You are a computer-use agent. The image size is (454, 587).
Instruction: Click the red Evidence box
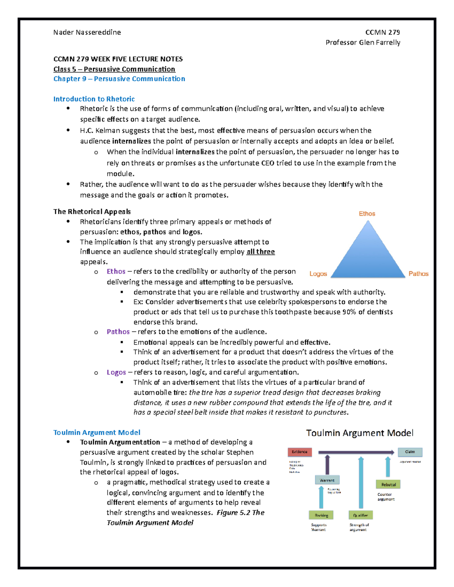pos(300,452)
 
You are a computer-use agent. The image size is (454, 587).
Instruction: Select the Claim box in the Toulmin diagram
pos(410,452)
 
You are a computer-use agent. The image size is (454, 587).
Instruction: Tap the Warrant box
pos(327,480)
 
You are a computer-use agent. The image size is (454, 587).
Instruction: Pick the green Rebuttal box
pos(388,484)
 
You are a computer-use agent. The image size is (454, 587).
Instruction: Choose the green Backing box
pos(321,515)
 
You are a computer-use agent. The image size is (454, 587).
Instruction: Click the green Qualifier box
pos(361,515)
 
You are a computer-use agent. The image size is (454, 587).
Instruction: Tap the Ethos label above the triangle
pos(367,214)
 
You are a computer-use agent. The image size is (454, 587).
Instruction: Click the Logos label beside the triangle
pos(318,274)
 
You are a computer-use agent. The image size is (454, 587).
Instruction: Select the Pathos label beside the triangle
pos(418,274)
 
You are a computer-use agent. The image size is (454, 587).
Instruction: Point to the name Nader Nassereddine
pos(87,33)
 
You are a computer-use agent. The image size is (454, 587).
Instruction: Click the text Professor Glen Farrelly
pos(363,42)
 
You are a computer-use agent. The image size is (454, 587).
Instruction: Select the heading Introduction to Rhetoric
pos(94,99)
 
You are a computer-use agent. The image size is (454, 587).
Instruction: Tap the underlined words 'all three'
pos(261,252)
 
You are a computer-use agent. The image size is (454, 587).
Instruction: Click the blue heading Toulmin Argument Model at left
pos(96,432)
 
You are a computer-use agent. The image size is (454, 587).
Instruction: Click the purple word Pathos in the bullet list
pos(118,331)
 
